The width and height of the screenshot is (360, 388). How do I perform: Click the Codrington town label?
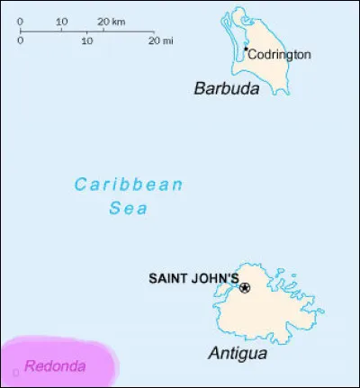tap(280, 55)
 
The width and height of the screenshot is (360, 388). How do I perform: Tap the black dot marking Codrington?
tap(245, 50)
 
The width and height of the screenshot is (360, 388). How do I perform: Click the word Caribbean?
tap(129, 185)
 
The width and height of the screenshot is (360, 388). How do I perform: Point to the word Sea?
tap(129, 208)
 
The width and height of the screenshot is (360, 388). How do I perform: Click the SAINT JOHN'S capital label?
tap(193, 278)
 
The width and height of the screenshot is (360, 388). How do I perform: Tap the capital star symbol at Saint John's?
tap(245, 288)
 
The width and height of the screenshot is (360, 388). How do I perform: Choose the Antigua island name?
tap(238, 354)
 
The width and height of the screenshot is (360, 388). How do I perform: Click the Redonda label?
tap(56, 366)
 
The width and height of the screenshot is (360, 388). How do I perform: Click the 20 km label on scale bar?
tap(112, 21)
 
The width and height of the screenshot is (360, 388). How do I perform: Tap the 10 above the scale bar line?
tap(61, 21)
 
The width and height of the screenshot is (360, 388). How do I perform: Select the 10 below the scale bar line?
tap(88, 41)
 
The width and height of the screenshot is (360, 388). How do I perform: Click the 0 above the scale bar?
tap(21, 21)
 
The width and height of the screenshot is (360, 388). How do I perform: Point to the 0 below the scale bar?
tap(21, 41)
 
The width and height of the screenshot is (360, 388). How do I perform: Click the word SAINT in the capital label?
tap(167, 278)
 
